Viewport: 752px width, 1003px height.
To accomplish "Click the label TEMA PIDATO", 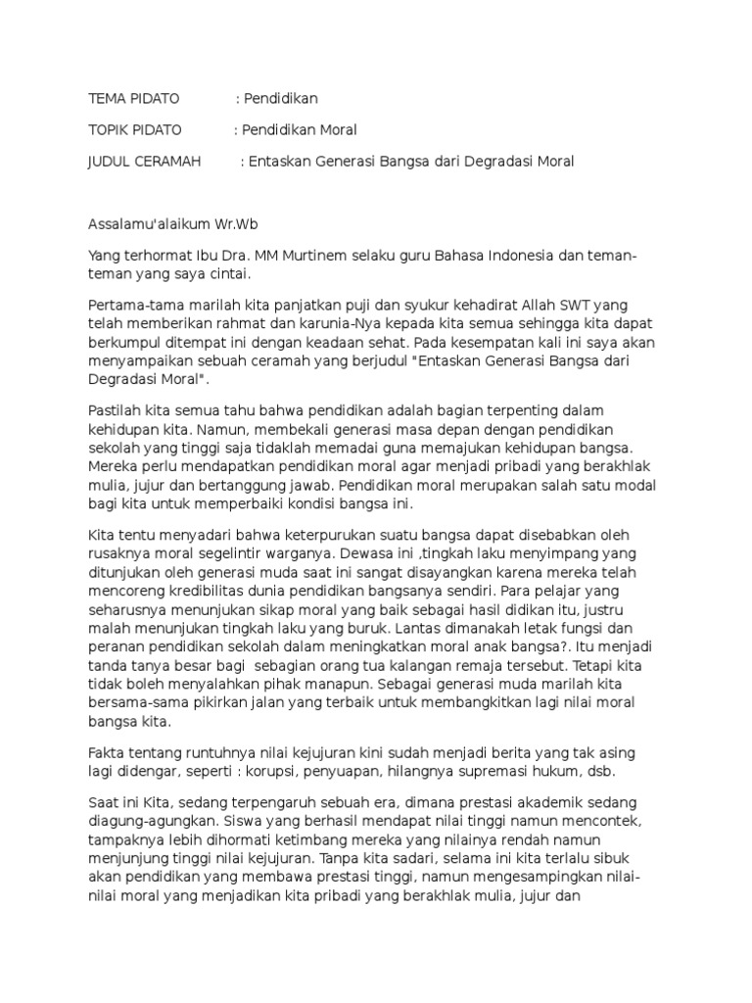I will pyautogui.click(x=133, y=99).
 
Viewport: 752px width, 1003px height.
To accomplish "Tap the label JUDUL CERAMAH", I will pyautogui.click(x=144, y=161).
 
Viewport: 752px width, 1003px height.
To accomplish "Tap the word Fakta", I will pyautogui.click(x=106, y=753).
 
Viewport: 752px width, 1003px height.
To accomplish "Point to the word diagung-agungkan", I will pyautogui.click(x=153, y=820).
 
